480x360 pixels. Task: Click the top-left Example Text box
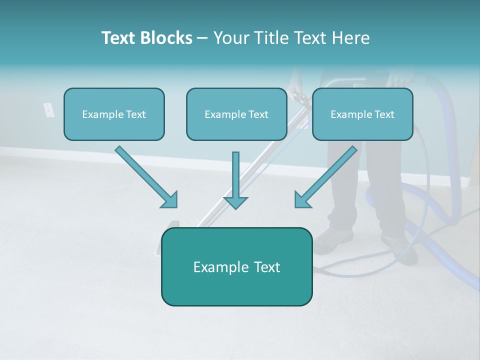pos(114,114)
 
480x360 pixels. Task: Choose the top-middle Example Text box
pos(236,114)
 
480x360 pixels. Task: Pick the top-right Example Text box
pos(362,114)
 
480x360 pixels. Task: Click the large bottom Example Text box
pos(236,266)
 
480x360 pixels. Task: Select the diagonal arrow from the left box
pos(145,176)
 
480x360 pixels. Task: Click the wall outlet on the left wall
pos(48,110)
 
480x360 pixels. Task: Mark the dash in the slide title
pos(202,38)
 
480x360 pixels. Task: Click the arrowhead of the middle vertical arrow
pos(235,201)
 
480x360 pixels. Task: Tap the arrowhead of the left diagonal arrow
pos(170,200)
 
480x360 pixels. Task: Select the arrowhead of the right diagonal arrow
pos(302,200)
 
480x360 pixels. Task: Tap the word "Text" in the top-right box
pos(384,114)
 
